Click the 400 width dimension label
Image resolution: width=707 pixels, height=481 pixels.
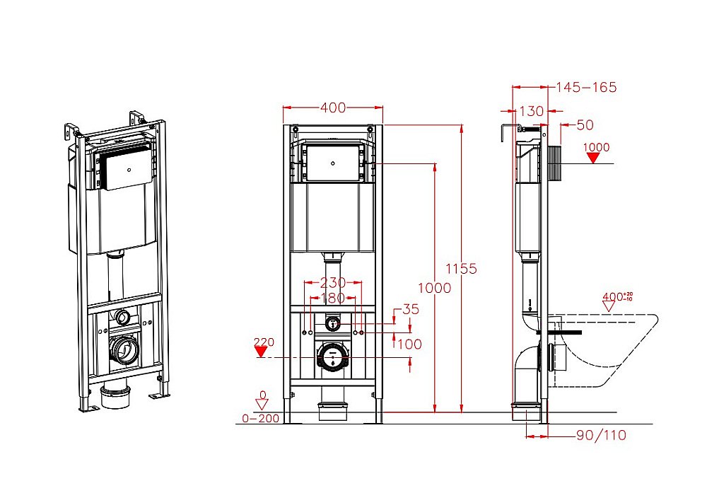click(332, 108)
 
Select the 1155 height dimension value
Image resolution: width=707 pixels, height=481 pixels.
click(462, 269)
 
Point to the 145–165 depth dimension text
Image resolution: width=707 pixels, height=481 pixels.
click(586, 87)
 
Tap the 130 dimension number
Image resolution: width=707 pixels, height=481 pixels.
click(531, 111)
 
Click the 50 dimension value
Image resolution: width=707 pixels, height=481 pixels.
click(585, 125)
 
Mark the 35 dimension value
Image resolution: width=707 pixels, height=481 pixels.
click(411, 309)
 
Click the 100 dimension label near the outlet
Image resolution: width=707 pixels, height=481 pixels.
click(409, 344)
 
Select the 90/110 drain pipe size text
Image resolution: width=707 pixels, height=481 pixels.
click(602, 435)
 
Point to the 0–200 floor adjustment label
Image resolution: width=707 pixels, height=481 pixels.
click(260, 418)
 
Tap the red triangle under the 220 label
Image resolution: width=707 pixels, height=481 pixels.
click(263, 353)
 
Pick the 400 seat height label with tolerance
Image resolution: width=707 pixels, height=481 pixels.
click(617, 296)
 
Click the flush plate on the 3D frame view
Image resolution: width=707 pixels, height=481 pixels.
click(125, 171)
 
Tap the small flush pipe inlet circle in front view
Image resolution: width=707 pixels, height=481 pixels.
click(332, 323)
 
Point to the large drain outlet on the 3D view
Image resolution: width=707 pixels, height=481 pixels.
click(125, 349)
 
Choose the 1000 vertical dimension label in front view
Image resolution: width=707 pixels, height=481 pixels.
click(434, 288)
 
